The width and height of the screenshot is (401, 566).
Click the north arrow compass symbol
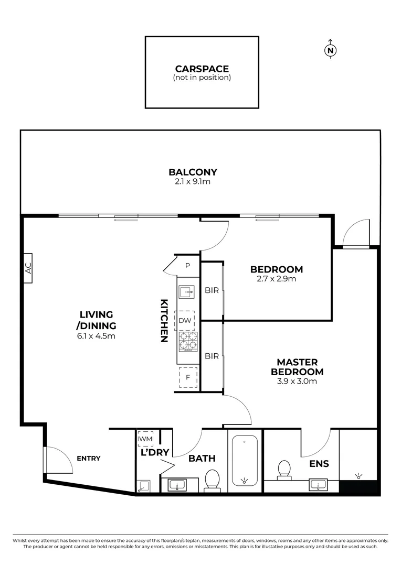click(330, 50)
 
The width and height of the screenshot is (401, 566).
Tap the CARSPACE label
click(202, 69)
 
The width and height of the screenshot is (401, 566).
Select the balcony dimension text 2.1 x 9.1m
click(193, 182)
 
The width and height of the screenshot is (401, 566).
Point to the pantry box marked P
click(188, 266)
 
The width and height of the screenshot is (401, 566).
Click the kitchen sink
click(186, 292)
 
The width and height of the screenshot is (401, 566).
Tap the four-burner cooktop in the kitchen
click(187, 341)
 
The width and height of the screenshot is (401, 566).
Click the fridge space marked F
click(187, 377)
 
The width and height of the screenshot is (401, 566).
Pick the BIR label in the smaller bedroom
click(212, 290)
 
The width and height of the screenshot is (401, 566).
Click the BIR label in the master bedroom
click(212, 356)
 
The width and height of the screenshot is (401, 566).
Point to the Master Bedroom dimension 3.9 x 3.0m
click(297, 382)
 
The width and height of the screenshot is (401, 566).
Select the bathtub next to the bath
click(244, 461)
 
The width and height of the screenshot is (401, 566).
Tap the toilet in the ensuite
click(284, 469)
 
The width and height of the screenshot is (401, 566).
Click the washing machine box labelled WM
click(145, 439)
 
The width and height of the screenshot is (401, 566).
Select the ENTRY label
click(89, 458)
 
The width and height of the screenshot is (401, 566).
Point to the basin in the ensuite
click(318, 484)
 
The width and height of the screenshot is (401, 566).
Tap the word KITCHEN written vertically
click(164, 320)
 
